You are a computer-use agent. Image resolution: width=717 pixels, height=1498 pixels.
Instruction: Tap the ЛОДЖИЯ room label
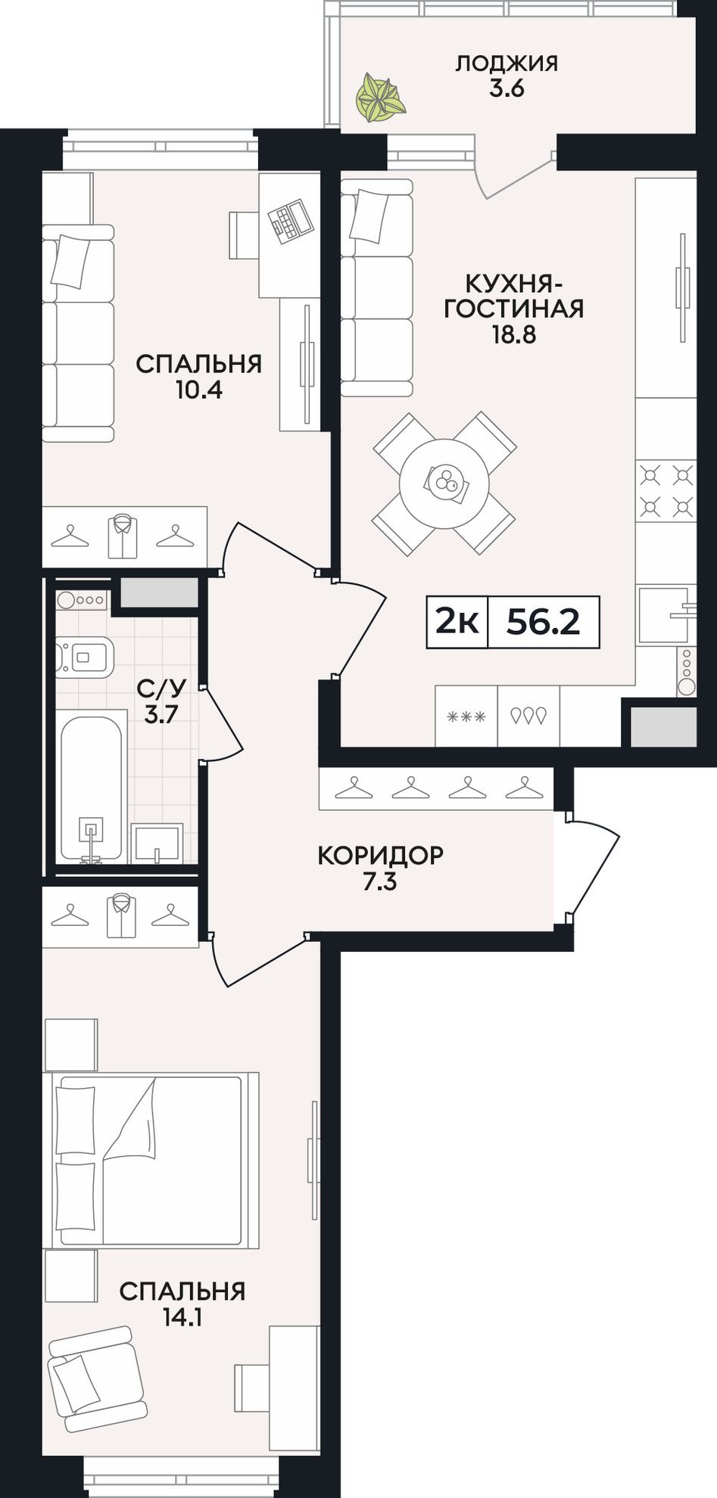coord(507,63)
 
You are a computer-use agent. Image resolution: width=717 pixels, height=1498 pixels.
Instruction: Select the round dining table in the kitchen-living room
coord(444,483)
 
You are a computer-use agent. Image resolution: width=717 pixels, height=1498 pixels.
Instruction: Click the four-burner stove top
coord(666,492)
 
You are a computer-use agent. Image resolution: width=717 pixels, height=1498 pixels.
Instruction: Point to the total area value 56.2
coord(543,622)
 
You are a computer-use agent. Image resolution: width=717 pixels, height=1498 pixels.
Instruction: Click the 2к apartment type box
coord(458,622)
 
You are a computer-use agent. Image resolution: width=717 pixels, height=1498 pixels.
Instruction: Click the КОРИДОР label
coord(380,855)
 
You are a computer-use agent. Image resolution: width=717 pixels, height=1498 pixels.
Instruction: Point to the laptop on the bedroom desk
coord(289,220)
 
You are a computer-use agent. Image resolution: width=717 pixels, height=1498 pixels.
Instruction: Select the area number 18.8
coord(514,334)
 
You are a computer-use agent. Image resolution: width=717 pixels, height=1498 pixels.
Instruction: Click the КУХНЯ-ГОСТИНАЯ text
coord(514,296)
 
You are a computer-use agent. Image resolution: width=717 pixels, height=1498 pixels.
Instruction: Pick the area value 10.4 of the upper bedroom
coord(198,390)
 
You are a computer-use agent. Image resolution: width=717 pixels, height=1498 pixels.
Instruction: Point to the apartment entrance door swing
coord(594,868)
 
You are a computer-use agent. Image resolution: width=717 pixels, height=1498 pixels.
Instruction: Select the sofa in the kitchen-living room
coord(377,287)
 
